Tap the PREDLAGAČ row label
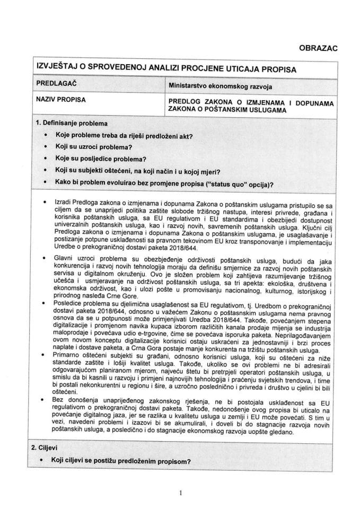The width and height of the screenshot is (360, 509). click(57, 84)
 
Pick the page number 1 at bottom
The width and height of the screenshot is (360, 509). click(180, 493)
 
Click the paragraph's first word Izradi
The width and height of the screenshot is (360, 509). click(62, 205)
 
